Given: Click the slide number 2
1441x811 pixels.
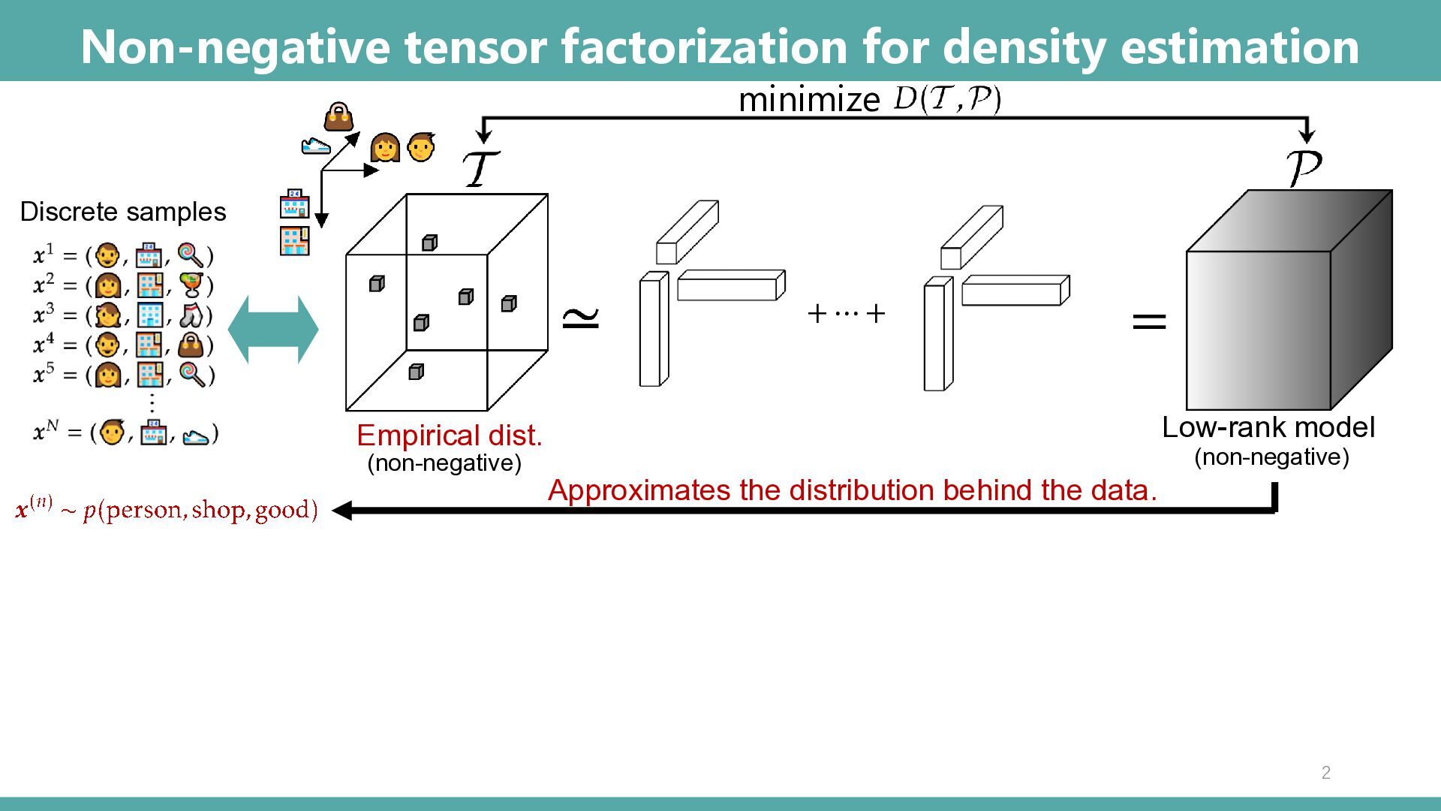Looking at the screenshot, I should click(1325, 773).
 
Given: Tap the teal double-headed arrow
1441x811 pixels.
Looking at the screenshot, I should click(273, 330).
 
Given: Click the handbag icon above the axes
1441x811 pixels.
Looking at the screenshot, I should click(338, 117).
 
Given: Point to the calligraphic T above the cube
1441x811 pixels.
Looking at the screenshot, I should click(480, 169).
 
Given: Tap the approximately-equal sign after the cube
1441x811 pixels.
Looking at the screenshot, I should click(581, 318).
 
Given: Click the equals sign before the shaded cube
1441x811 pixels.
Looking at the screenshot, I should click(1148, 321).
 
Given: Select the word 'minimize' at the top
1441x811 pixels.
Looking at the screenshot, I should click(809, 100).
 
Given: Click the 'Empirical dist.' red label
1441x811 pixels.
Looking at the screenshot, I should click(449, 436).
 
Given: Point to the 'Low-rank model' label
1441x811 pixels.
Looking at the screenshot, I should click(1268, 427).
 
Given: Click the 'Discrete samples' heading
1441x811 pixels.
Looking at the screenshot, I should click(123, 212).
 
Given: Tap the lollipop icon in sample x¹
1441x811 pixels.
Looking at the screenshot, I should click(191, 256).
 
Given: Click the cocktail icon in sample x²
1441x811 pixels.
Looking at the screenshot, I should click(192, 285).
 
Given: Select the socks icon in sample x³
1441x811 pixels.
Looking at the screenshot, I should click(192, 315).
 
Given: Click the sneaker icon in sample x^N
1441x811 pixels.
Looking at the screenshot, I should click(196, 435).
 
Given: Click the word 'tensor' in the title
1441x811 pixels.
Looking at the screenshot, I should click(477, 47).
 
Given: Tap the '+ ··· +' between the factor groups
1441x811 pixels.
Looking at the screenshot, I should click(846, 313).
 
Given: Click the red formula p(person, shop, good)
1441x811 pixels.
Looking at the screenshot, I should click(200, 511).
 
